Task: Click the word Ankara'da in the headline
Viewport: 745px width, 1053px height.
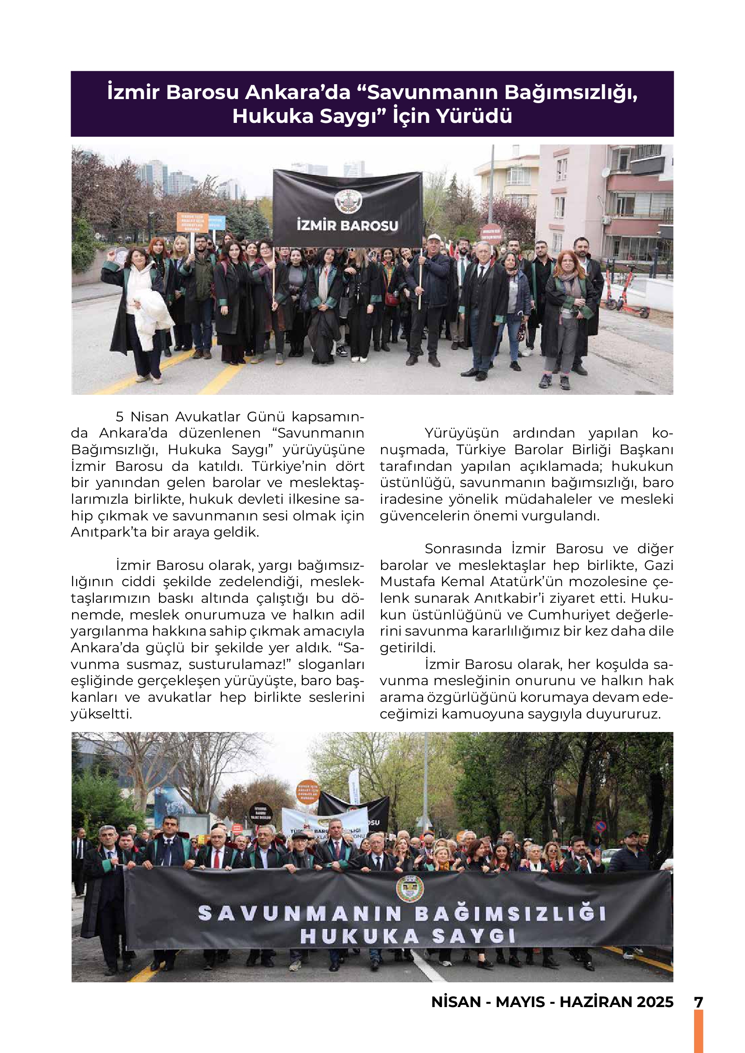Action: (298, 92)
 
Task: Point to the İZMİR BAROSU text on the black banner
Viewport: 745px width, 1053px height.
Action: (347, 226)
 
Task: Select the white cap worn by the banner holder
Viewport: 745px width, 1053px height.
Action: (434, 238)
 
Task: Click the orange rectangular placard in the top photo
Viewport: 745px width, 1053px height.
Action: (192, 222)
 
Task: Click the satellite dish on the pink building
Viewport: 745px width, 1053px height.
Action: (605, 172)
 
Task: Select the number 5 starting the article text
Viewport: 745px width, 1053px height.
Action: (120, 416)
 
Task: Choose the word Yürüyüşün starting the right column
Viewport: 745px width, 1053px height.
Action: (461, 433)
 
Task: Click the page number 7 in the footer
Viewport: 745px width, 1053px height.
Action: (699, 1002)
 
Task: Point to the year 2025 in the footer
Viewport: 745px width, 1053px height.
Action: (654, 1002)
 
